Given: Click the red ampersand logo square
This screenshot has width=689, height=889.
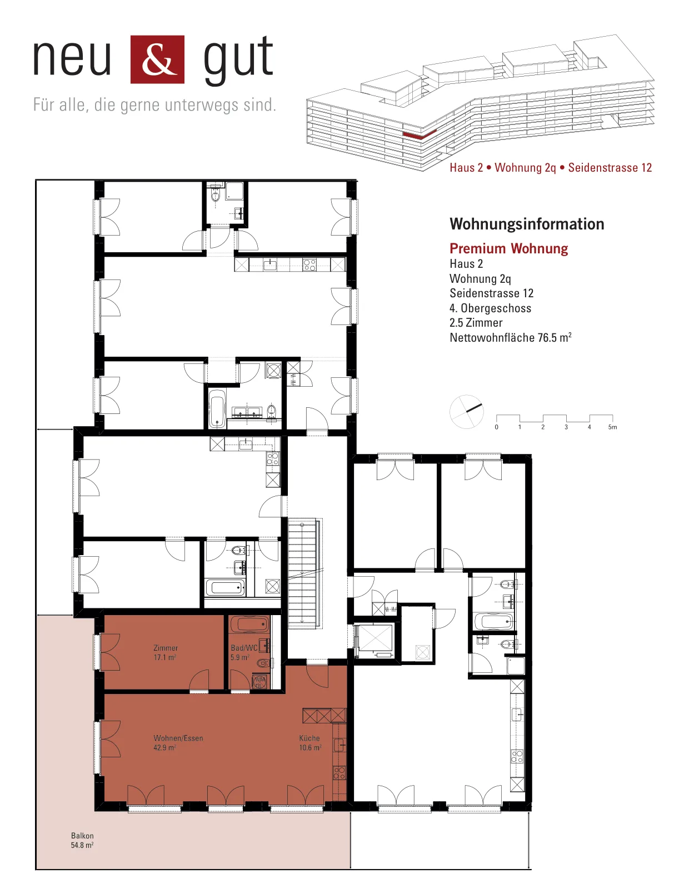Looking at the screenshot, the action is pyautogui.click(x=157, y=59).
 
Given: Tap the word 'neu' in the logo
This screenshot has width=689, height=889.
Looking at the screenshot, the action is pyautogui.click(x=72, y=58).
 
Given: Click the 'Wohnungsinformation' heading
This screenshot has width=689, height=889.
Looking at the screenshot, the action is pyautogui.click(x=527, y=224).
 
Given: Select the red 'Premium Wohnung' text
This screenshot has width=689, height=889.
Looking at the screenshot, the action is pyautogui.click(x=508, y=248).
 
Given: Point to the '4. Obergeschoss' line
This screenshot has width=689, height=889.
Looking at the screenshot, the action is pyautogui.click(x=490, y=308).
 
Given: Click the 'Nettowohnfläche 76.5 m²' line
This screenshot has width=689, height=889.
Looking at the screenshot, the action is pyautogui.click(x=510, y=337).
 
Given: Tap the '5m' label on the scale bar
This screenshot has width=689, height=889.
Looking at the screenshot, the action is pyautogui.click(x=612, y=427).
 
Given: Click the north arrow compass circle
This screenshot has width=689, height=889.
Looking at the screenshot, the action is pyautogui.click(x=466, y=412).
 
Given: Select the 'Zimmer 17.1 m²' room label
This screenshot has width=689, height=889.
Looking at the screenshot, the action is pyautogui.click(x=165, y=652).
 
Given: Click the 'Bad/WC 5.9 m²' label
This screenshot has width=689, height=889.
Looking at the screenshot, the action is pyautogui.click(x=244, y=652).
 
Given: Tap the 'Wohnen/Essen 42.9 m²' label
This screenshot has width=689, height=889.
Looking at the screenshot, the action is pyautogui.click(x=178, y=742).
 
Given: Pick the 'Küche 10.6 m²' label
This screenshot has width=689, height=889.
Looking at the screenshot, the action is pyautogui.click(x=309, y=742).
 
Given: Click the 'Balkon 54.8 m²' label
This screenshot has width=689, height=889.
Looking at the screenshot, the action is pyautogui.click(x=82, y=840).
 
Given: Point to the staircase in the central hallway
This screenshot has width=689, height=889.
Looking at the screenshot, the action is pyautogui.click(x=303, y=573).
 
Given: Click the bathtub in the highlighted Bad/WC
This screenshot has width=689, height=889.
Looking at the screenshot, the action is pyautogui.click(x=249, y=625).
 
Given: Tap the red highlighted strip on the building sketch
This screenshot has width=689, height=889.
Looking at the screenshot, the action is pyautogui.click(x=420, y=135).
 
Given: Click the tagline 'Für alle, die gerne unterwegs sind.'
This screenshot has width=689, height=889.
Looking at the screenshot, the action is pyautogui.click(x=154, y=104).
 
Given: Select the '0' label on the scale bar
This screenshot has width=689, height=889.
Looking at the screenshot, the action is pyautogui.click(x=496, y=427).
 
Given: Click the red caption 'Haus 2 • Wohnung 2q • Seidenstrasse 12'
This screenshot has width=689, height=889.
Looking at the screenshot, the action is pyautogui.click(x=550, y=168).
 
